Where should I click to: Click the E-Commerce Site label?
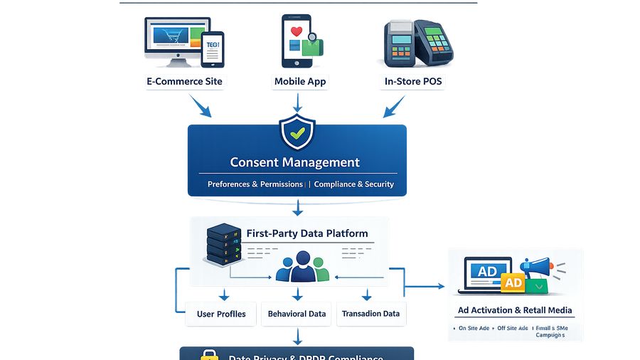[x=184, y=81]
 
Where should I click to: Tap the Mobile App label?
[x=300, y=81]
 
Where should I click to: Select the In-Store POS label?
[x=413, y=81]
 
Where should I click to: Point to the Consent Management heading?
[x=295, y=162]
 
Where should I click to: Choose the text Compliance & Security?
[x=354, y=184]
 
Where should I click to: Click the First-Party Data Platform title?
[x=307, y=233]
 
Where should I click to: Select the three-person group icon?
[x=302, y=266]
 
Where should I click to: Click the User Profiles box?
[x=221, y=314]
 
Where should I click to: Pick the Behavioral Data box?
[x=297, y=314]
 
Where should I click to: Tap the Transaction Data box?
[x=370, y=314]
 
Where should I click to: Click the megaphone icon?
[x=540, y=268]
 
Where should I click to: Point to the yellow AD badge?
[x=513, y=282]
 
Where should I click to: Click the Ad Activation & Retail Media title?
[x=515, y=310]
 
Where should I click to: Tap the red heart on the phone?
[x=297, y=32]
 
